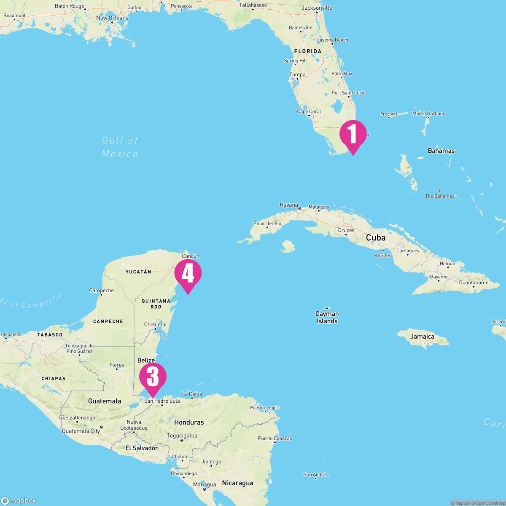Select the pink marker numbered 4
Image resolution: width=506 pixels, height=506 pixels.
pyautogui.click(x=188, y=274)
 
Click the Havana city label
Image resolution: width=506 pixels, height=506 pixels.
pyautogui.click(x=289, y=205)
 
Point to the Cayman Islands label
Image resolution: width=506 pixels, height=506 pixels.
pyautogui.click(x=327, y=318)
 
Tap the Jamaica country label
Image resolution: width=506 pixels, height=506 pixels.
pyautogui.click(x=423, y=336)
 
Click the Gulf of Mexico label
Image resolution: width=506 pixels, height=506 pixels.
pyautogui.click(x=120, y=147)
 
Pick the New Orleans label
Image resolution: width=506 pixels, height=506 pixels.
pyautogui.click(x=112, y=18)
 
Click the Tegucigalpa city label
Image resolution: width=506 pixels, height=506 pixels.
pyautogui.click(x=182, y=436)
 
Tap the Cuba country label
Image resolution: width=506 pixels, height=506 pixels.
pyautogui.click(x=376, y=238)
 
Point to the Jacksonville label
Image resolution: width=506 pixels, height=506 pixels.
pyautogui.click(x=317, y=8)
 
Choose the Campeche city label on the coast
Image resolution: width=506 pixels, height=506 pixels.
pyautogui.click(x=101, y=291)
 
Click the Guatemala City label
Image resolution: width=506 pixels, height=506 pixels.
pyautogui.click(x=81, y=431)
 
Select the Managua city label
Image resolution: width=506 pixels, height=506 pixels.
pyautogui.click(x=205, y=485)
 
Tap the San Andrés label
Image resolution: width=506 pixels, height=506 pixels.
pyautogui.click(x=316, y=475)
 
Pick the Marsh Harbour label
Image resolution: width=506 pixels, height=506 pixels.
pyautogui.click(x=428, y=113)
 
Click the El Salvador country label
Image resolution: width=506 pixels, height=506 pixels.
pyautogui.click(x=142, y=448)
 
